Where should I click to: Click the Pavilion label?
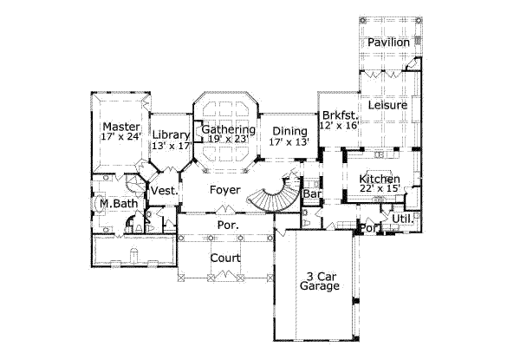tap(387, 43)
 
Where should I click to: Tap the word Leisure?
tap(387, 105)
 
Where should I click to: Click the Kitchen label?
tap(380, 179)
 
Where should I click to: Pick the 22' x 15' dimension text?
tap(380, 190)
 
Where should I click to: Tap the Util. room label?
tap(403, 219)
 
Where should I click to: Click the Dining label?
tap(289, 131)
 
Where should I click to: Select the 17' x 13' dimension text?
tap(289, 142)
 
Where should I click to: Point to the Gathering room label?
tap(228, 129)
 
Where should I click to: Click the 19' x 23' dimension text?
tap(230, 140)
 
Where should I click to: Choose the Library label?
tap(171, 135)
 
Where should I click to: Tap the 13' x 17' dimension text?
tap(171, 147)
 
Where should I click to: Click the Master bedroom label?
tap(120, 127)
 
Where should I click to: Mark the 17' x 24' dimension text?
tap(120, 138)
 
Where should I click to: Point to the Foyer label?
tap(224, 185)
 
